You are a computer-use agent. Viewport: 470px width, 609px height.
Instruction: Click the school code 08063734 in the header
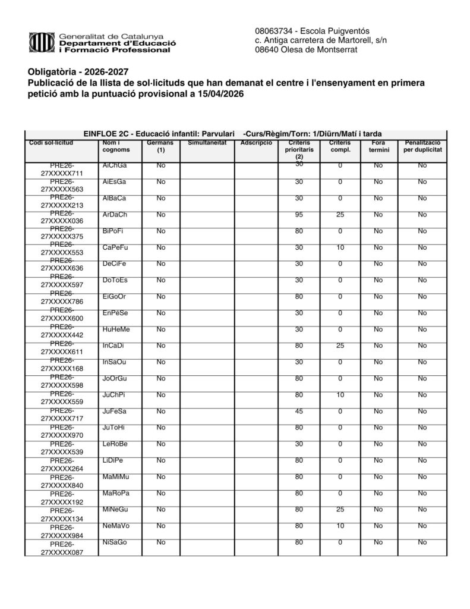click(x=272, y=31)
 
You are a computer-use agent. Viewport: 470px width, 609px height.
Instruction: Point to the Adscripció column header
click(x=256, y=143)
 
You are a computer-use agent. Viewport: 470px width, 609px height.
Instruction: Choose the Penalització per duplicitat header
click(x=422, y=147)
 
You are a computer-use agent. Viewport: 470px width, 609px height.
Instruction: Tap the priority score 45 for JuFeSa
click(x=299, y=412)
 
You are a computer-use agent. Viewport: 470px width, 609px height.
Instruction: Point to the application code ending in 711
click(x=61, y=169)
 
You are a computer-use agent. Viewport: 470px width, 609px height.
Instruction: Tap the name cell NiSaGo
click(x=114, y=542)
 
